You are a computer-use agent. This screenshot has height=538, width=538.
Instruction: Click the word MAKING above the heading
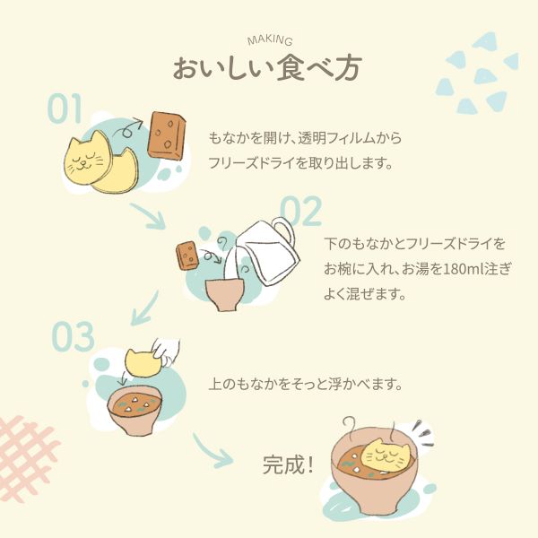tap(270, 40)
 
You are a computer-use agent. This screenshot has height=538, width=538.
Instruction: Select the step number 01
tap(65, 108)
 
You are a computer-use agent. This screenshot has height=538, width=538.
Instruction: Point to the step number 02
tap(301, 211)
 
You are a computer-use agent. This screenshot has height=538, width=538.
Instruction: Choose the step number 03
tap(74, 336)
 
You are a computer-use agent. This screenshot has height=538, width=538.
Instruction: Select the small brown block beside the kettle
tap(187, 256)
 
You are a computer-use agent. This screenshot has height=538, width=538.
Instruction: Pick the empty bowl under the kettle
tap(225, 294)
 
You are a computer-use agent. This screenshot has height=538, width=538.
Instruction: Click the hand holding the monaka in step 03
tap(167, 352)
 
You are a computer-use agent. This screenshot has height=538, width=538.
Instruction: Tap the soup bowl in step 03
tap(134, 410)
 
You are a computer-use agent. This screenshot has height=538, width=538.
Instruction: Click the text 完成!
tap(288, 464)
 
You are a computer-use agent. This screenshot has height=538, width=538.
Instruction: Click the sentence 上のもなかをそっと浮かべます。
tap(306, 385)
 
